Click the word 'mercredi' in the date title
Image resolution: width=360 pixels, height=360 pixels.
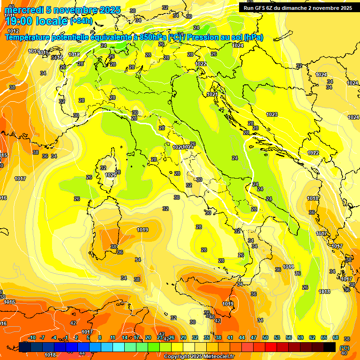(x=23, y=10)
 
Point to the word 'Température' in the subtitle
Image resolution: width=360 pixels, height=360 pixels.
(x=28, y=37)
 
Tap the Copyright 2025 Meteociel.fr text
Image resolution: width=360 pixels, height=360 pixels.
(x=199, y=357)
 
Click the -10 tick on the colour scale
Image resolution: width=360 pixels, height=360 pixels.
(x=32, y=337)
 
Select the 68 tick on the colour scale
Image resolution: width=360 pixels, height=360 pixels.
(x=336, y=337)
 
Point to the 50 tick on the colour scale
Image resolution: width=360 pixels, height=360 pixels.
(x=265, y=337)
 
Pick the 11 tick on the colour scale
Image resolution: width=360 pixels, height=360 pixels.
(x=112, y=337)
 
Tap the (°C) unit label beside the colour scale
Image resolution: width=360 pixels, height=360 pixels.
(x=344, y=348)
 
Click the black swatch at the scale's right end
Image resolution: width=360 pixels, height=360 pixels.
(x=330, y=347)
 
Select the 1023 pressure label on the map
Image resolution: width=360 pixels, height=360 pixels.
(x=272, y=114)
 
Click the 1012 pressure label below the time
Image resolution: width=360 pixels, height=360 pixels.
(x=13, y=31)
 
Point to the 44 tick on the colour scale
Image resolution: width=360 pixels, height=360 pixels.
(x=242, y=337)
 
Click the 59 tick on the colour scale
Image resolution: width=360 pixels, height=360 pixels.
(x=300, y=337)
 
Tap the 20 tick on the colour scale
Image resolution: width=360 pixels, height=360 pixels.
(x=148, y=337)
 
